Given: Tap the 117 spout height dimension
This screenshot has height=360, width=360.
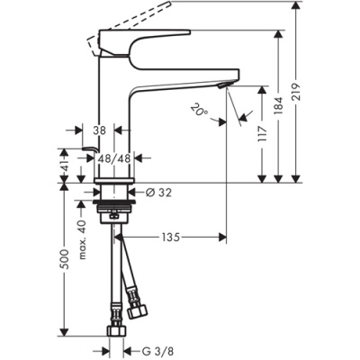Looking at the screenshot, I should pyautogui.click(x=263, y=134).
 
